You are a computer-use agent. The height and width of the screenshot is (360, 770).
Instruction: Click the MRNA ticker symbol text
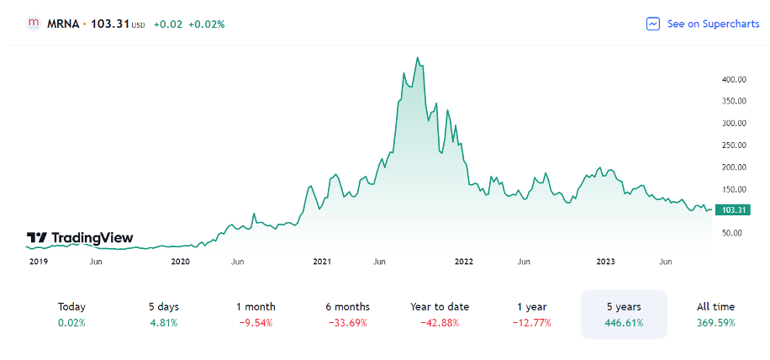coord(63,24)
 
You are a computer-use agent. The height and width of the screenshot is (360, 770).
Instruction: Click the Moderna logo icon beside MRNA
coord(34,24)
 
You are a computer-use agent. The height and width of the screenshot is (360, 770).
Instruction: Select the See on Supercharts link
coord(713,24)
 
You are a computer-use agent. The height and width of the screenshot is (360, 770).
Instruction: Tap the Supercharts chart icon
coord(653,24)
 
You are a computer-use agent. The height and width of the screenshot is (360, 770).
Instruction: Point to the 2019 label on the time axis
coord(39,262)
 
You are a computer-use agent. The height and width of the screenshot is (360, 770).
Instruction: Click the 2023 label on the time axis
coord(605,262)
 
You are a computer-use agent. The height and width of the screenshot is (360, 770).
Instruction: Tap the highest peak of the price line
coord(418,58)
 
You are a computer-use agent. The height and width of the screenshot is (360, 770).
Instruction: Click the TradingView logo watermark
coord(80,239)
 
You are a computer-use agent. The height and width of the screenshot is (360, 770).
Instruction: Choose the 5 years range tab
coord(624,314)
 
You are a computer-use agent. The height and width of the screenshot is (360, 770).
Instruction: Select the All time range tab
coord(715,314)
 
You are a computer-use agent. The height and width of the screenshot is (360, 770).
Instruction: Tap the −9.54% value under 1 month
coord(256,323)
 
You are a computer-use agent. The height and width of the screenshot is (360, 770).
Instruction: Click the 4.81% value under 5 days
coord(164,323)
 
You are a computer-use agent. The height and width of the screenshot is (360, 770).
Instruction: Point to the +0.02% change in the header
coord(206,24)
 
